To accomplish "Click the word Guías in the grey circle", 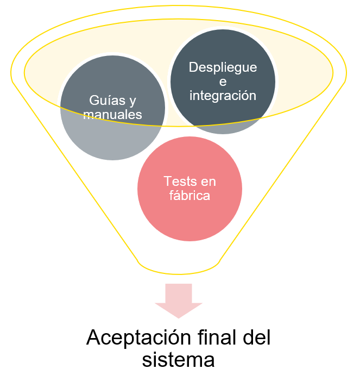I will pos(103,101).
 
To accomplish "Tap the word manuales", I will pos(113,114).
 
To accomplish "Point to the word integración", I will pos(223,95).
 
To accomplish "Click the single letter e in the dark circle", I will pos(223,82).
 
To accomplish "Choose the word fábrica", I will pos(190,196).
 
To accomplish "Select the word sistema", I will pos(179,360).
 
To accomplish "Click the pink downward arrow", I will pos(179,299).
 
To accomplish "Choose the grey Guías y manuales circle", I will pos(103,139).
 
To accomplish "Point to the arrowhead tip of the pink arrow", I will pos(179,317).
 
